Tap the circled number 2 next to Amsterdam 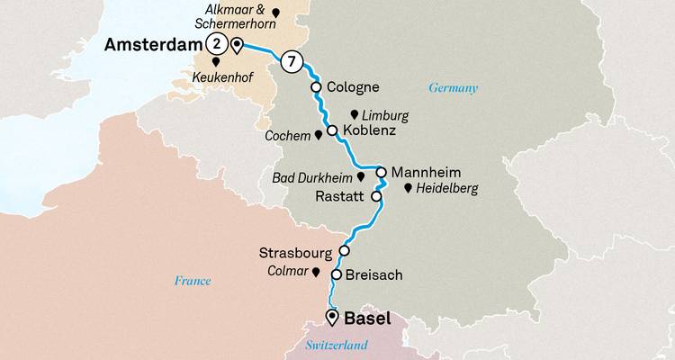click(x=215, y=44)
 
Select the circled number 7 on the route click(x=290, y=61)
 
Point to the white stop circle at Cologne click(x=316, y=87)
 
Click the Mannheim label click(x=428, y=171)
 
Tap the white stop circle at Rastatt click(x=376, y=195)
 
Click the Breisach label click(x=373, y=275)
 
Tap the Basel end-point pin click(x=332, y=316)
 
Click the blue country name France click(x=193, y=281)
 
